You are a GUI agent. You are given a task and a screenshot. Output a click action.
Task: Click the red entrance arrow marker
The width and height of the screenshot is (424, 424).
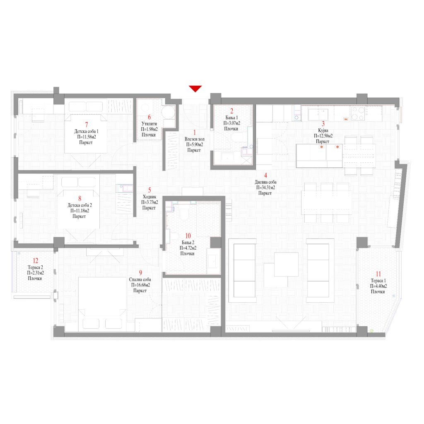click(195, 89)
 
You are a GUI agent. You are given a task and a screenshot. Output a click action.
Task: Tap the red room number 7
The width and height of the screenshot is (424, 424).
click(87, 125)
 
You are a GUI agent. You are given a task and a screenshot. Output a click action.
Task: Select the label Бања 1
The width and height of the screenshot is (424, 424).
click(232, 118)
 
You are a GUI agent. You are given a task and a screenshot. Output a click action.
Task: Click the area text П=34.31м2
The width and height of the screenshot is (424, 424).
click(265, 188)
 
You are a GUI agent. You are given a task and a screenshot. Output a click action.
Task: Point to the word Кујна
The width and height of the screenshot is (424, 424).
click(323, 130)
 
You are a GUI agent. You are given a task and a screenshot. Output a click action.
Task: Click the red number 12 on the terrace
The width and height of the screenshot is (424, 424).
click(36, 261)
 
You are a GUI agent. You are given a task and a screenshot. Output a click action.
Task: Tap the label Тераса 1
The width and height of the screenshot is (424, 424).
click(378, 281)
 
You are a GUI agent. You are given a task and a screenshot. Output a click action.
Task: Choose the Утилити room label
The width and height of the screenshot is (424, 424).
click(149, 124)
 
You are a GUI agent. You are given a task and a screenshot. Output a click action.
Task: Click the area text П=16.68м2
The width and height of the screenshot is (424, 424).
click(140, 285)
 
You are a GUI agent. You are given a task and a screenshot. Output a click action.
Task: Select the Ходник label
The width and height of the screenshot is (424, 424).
click(149, 197)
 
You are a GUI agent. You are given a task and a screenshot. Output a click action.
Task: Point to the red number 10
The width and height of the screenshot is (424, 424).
click(188, 236)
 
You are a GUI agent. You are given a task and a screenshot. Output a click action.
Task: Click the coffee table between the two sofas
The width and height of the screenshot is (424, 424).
click(287, 265)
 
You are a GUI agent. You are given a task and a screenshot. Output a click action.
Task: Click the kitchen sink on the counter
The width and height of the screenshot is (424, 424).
click(318, 114)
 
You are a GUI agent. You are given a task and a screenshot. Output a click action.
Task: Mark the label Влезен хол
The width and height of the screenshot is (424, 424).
click(195, 139)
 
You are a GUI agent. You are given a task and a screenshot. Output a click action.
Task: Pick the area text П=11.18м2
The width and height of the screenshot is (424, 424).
click(80, 211)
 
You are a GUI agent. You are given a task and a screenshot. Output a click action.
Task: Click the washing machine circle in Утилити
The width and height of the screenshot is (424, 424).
click(169, 112)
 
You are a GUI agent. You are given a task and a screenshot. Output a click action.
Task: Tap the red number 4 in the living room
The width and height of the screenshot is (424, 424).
click(265, 176)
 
